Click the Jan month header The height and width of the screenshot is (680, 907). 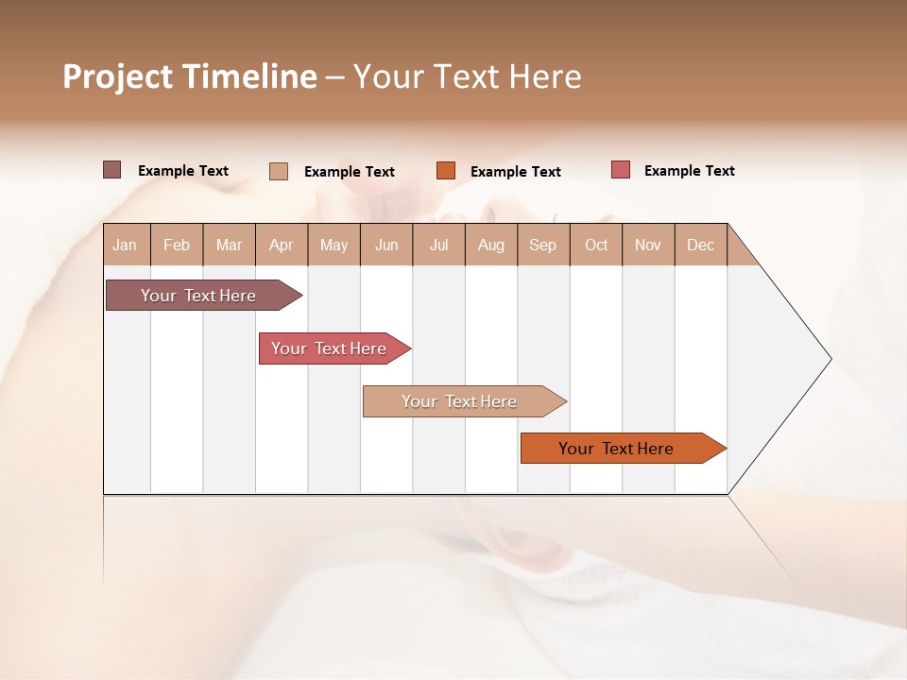(125, 245)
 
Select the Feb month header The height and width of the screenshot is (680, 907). (177, 245)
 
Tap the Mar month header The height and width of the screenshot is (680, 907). (229, 245)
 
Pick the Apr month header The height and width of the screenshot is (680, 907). (282, 245)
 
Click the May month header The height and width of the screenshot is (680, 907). (334, 245)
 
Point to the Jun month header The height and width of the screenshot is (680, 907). (386, 245)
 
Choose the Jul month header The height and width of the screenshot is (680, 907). (438, 245)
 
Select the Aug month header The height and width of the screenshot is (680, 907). (491, 245)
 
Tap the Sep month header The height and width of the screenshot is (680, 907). (543, 245)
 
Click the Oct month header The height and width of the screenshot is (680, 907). (596, 245)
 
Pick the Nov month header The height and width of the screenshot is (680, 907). (648, 245)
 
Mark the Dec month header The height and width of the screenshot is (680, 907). (700, 245)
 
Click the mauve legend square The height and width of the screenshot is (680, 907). (112, 170)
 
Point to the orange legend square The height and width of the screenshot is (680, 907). (446, 171)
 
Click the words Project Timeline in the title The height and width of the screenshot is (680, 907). (190, 76)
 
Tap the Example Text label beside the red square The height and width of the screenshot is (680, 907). (689, 171)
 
